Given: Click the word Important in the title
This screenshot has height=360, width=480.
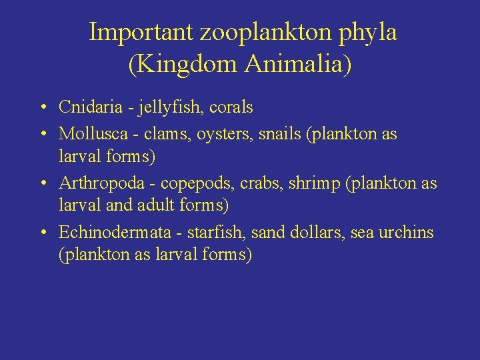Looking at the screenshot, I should pos(141,31).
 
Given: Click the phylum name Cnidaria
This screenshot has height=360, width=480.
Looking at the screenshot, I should pos(87,107).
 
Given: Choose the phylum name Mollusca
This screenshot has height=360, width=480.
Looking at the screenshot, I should pos(87,134).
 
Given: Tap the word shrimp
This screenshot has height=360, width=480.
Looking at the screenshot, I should pos(311,184).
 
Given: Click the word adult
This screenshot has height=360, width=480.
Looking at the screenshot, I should pos(155,205).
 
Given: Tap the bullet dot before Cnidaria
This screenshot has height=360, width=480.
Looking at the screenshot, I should pos(43,107).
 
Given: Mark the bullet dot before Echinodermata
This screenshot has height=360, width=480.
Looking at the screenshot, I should pos(43,233).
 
